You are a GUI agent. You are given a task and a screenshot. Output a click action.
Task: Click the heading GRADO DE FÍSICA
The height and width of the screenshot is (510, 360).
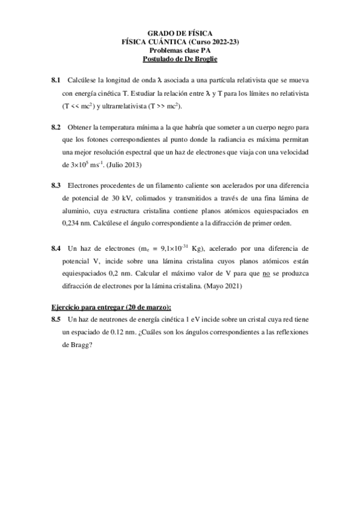[180, 34]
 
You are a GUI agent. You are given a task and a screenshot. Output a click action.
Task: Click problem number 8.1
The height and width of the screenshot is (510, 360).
[56, 80]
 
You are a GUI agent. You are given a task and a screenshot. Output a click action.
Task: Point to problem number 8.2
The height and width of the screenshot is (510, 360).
[56, 127]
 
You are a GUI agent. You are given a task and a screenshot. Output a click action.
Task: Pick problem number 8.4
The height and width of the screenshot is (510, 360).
[56, 248]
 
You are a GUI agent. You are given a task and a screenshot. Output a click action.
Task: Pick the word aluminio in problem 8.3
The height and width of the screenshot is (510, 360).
[75, 211]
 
